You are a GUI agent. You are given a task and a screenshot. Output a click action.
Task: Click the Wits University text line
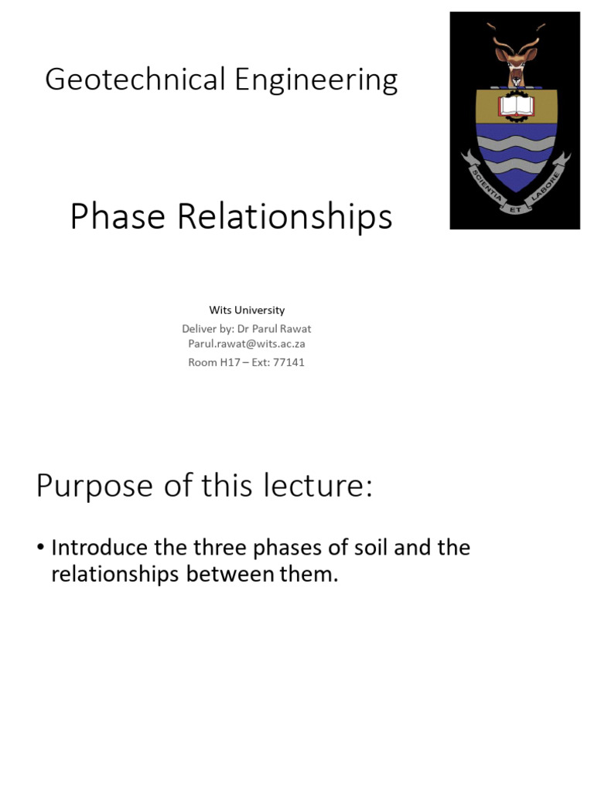click(247, 310)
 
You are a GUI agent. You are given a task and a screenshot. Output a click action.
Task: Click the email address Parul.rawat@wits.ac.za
click(247, 344)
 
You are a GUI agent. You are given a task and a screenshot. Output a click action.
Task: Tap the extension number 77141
click(288, 362)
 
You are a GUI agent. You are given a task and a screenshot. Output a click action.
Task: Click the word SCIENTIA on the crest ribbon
click(484, 185)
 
